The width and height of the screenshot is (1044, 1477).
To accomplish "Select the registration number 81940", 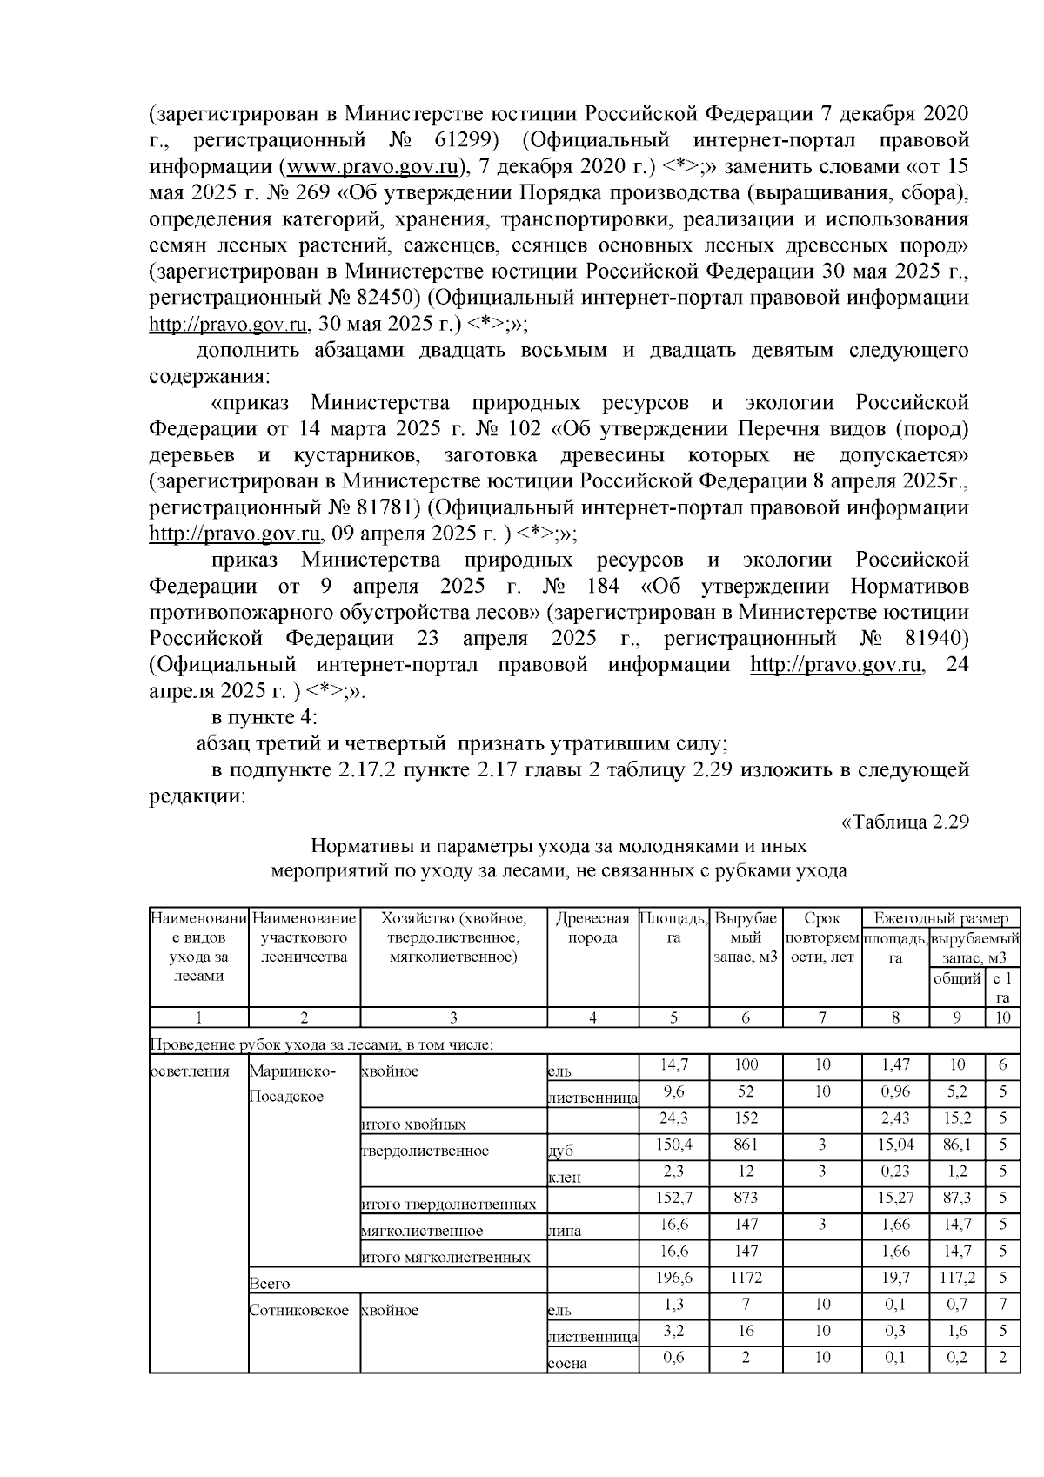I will (930, 638).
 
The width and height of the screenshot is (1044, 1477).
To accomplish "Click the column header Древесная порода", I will (592, 928).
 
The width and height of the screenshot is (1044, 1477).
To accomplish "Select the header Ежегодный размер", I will (940, 918).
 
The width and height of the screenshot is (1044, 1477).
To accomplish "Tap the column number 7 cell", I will (822, 1017).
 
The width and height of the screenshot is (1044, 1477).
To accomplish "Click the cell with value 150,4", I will (673, 1143).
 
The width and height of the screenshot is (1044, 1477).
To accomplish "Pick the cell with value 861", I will (746, 1143).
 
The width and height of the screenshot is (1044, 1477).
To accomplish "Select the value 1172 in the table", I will (746, 1277).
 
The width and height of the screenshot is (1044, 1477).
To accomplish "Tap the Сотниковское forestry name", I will (298, 1309).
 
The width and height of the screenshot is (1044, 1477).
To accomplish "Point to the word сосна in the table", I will (566, 1363).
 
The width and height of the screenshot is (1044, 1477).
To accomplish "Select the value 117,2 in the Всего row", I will (957, 1277).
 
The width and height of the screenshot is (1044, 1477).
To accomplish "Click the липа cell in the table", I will (564, 1231).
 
